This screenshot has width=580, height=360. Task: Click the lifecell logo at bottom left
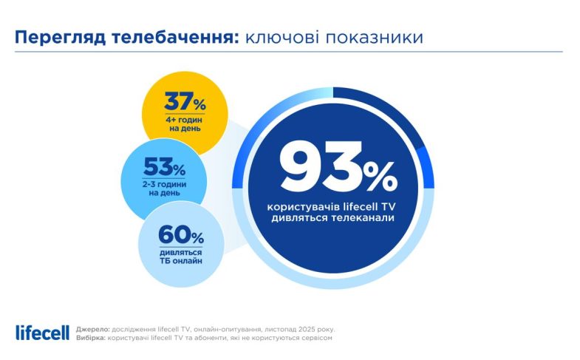[x=42, y=332]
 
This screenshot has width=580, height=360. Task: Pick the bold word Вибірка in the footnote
[x=90, y=337]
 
